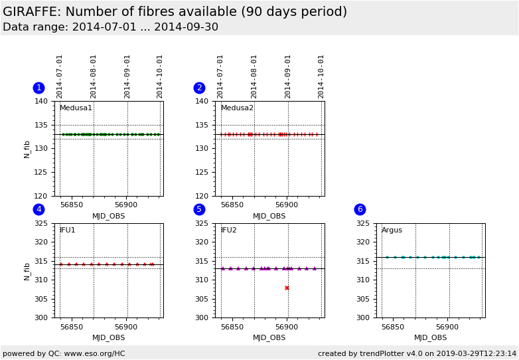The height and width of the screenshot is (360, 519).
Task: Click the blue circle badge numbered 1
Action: pyautogui.click(x=38, y=88)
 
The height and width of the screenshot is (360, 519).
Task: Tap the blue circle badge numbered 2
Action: pyautogui.click(x=199, y=88)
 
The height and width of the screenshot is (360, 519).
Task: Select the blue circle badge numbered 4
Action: pyautogui.click(x=38, y=209)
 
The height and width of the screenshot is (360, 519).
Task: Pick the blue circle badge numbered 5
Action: pyautogui.click(x=199, y=209)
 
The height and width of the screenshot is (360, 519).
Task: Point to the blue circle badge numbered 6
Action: pyautogui.click(x=360, y=209)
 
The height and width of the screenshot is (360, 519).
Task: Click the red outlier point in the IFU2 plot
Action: pyautogui.click(x=287, y=288)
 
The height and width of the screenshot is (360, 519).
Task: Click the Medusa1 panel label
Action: pyautogui.click(x=76, y=108)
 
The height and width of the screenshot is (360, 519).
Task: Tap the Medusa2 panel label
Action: pyautogui.click(x=237, y=108)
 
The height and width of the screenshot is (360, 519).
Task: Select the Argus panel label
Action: pyautogui.click(x=392, y=230)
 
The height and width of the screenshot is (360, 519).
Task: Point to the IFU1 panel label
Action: pyautogui.click(x=68, y=230)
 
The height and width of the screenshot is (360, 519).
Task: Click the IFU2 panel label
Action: pyautogui.click(x=229, y=230)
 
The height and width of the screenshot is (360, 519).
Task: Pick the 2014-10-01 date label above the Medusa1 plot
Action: pyautogui.click(x=160, y=76)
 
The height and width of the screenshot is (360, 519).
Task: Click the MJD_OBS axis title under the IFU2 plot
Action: pyautogui.click(x=269, y=337)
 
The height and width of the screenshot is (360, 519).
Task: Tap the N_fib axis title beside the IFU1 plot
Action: pyautogui.click(x=27, y=270)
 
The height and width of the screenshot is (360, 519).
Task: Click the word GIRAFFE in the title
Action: pyautogui.click(x=33, y=12)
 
